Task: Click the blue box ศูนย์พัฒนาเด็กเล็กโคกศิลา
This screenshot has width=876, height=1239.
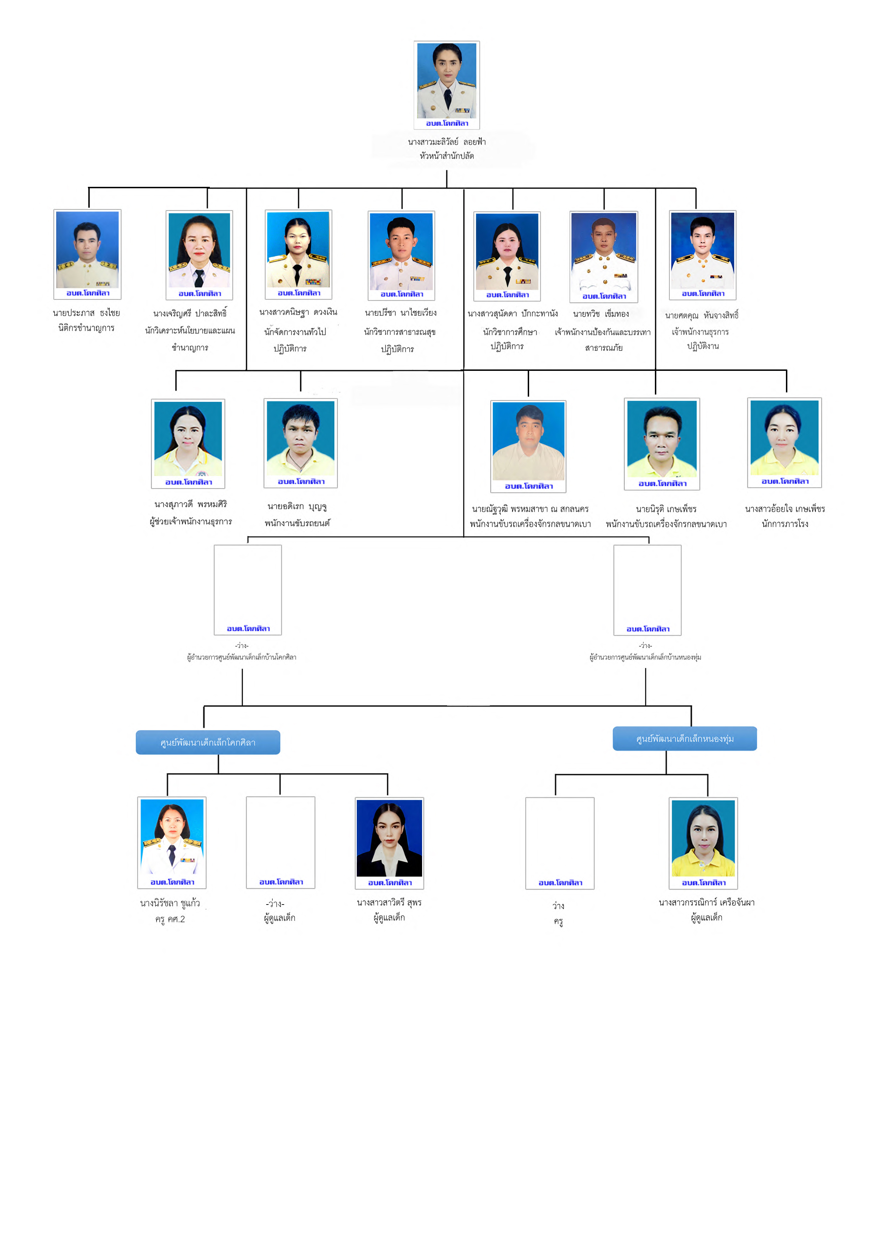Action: (x=208, y=742)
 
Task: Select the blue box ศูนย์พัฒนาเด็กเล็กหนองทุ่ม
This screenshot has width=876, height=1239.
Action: (x=685, y=739)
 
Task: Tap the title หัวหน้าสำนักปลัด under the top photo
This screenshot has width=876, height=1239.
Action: (x=447, y=156)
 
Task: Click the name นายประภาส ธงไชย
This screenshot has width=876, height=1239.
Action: (x=86, y=313)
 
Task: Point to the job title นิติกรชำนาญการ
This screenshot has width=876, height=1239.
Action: (x=86, y=328)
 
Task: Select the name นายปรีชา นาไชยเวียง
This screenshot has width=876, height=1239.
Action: (x=401, y=313)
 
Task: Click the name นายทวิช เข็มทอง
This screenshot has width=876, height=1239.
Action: (x=601, y=314)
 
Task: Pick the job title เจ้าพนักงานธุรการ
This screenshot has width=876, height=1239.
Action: (x=700, y=332)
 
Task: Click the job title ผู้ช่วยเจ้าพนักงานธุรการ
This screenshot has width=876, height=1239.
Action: (x=190, y=521)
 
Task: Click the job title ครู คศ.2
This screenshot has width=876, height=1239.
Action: (x=170, y=919)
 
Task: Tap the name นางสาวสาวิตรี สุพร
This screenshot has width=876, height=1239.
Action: (x=389, y=902)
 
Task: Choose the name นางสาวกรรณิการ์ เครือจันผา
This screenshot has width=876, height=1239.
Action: (x=706, y=902)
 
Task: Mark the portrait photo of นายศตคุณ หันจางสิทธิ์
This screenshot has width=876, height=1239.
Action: (x=702, y=250)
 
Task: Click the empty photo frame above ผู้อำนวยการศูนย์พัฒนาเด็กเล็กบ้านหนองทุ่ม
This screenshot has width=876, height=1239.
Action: (x=647, y=586)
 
